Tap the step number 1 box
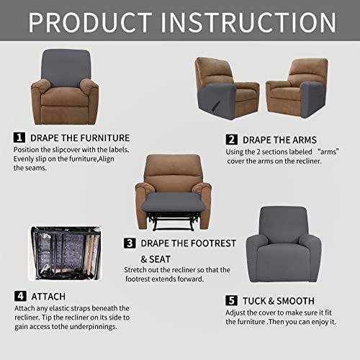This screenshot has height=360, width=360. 19,137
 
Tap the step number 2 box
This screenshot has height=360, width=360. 232,139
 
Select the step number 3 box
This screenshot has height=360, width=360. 130,243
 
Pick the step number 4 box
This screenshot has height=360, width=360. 19,296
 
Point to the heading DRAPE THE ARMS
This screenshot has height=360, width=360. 281,140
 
